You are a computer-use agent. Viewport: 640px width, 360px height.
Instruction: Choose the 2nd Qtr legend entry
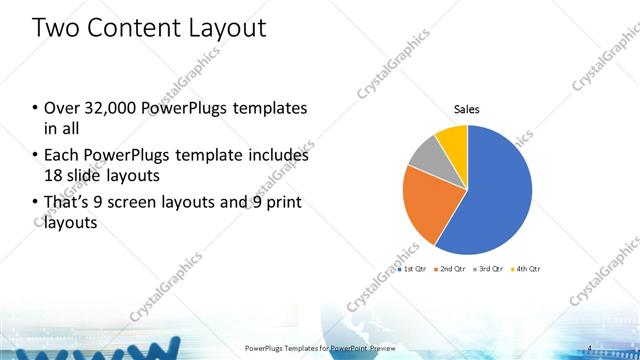(x=451, y=269)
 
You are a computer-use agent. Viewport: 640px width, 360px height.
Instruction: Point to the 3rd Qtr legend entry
(x=488, y=269)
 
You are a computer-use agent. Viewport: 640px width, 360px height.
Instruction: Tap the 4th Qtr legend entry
(x=525, y=269)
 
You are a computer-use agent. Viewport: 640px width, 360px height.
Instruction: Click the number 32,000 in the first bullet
(x=104, y=108)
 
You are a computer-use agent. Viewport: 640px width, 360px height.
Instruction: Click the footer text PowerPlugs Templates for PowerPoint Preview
(x=319, y=348)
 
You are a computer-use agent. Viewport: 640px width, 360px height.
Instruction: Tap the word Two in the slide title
(x=56, y=27)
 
